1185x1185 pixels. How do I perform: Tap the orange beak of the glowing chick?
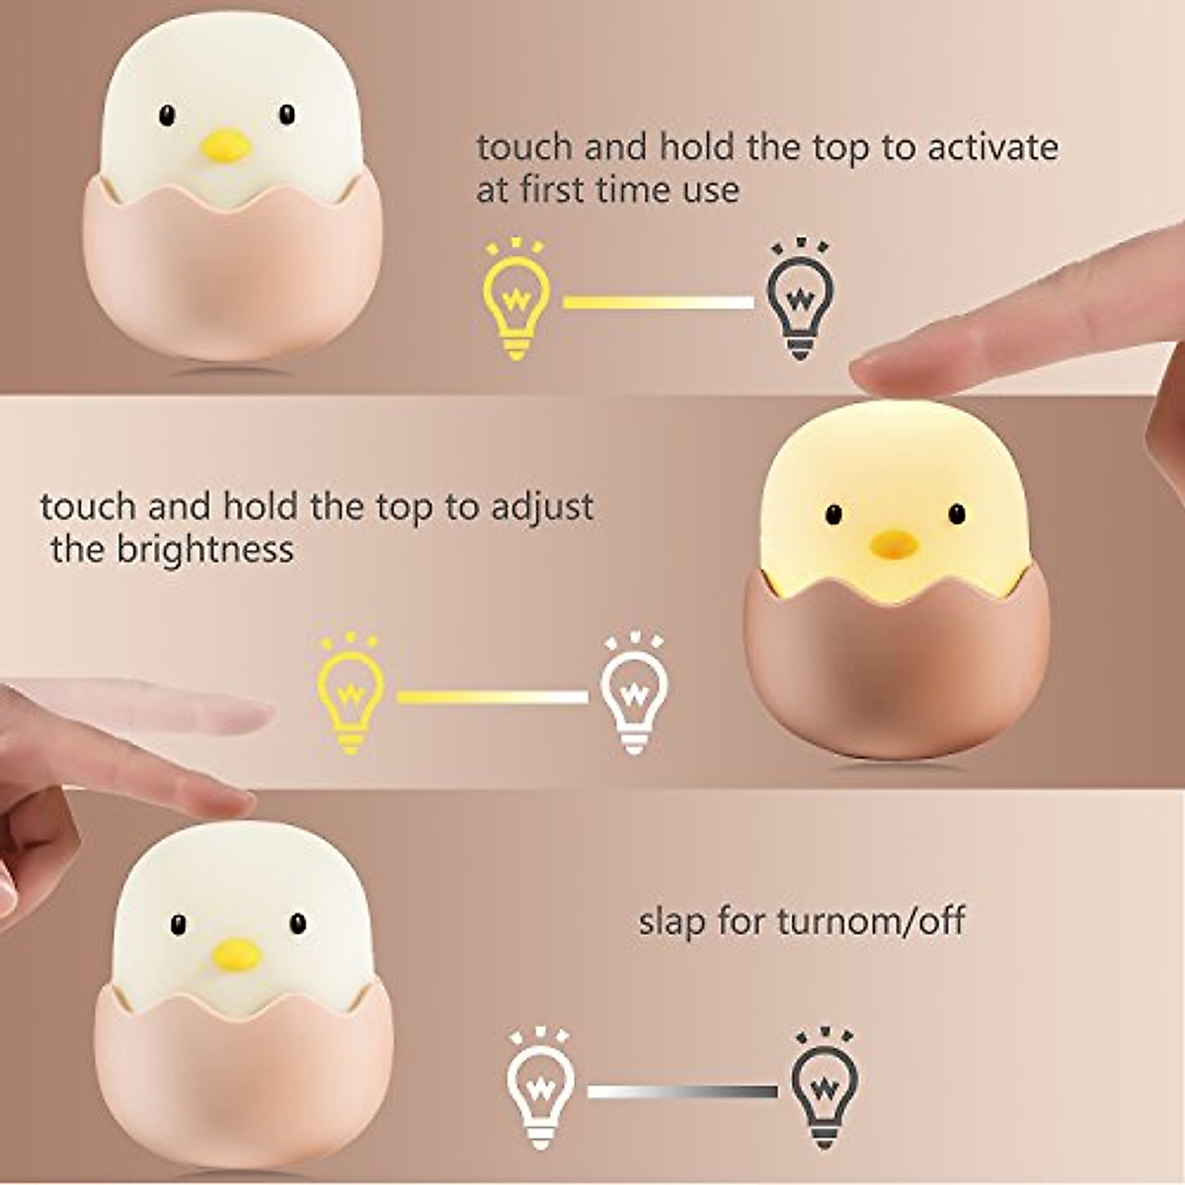(x=893, y=542)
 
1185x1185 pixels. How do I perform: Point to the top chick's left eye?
(x=167, y=116)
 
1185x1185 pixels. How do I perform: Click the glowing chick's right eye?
(x=956, y=513)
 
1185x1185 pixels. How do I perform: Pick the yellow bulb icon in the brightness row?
(x=350, y=693)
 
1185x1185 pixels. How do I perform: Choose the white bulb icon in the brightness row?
(x=634, y=693)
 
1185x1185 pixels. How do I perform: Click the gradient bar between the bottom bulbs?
(x=682, y=1092)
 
